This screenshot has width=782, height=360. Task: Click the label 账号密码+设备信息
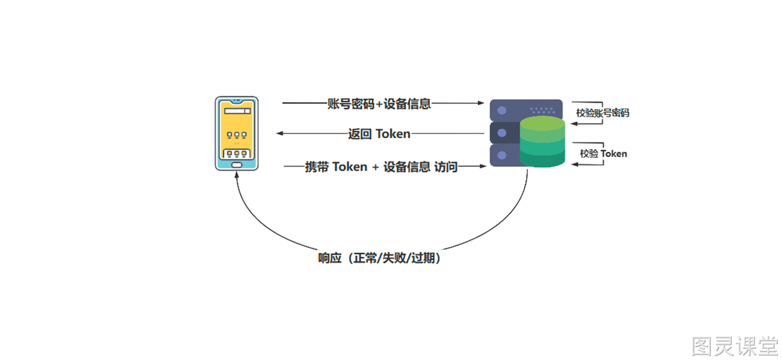379,104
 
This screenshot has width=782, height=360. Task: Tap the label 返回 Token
379,134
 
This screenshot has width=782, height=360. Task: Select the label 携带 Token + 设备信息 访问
381,167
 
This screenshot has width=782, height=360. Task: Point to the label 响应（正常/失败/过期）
379,258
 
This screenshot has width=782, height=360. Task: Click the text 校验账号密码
603,113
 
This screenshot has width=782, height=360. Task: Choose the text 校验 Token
604,153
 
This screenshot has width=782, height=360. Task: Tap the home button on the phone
237,165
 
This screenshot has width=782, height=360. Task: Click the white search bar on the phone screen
238,111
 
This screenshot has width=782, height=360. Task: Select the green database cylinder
542,141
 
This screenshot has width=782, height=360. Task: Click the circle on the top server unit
502,110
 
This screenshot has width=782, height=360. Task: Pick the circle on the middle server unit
502,133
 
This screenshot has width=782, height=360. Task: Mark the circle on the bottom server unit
502,155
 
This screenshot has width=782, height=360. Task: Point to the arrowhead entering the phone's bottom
237,175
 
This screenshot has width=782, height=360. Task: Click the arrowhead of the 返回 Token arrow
280,133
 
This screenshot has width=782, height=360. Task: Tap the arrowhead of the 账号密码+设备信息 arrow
481,103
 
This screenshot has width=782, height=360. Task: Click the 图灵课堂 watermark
735,346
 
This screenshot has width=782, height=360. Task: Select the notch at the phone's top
237,102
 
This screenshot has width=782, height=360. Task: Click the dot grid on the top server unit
542,110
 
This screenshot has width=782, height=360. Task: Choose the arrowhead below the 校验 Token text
575,164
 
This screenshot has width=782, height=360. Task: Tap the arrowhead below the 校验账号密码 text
574,124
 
